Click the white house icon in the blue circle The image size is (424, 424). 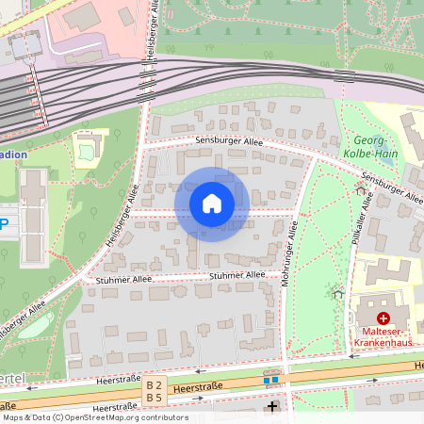[x=211, y=204]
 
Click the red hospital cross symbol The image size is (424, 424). [x=383, y=319]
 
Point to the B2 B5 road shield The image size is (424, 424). [x=155, y=391]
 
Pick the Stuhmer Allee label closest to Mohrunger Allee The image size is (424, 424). [x=237, y=275]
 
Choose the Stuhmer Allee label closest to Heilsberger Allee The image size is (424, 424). [x=123, y=280]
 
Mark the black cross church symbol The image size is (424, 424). [x=273, y=407]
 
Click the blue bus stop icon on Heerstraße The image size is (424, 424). [x=271, y=380]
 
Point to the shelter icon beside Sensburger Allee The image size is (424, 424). [x=361, y=189]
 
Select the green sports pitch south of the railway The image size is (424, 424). [x=90, y=149]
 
